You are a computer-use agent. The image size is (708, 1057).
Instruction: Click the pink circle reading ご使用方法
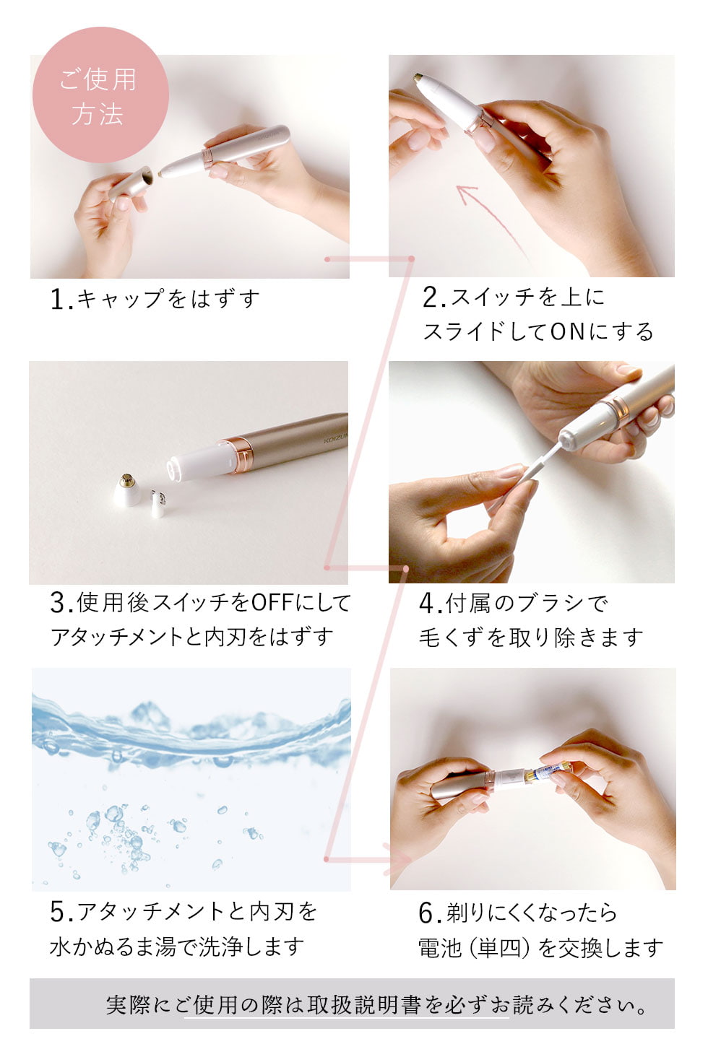pos(100,95)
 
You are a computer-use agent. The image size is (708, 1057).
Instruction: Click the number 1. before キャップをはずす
pos(61,300)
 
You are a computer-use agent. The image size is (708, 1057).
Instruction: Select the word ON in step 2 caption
pos(568,331)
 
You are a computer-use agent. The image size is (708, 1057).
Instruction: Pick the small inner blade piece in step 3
pos(158,503)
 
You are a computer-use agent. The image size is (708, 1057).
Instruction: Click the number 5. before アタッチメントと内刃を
pos(61,912)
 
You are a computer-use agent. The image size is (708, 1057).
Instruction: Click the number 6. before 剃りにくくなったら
pos(431,913)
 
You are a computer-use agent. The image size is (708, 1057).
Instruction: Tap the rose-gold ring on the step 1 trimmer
pos(207,157)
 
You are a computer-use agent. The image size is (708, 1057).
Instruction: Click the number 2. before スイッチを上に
pos(433,297)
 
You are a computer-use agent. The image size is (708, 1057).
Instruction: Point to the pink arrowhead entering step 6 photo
pos(397,859)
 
